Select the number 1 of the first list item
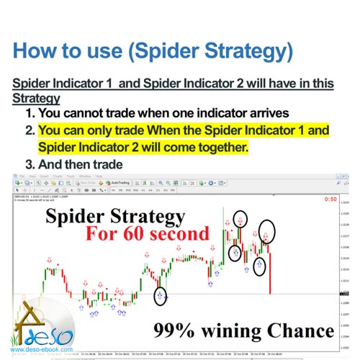click(30, 114)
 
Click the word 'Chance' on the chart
click(298, 331)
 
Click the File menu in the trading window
click(22, 175)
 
